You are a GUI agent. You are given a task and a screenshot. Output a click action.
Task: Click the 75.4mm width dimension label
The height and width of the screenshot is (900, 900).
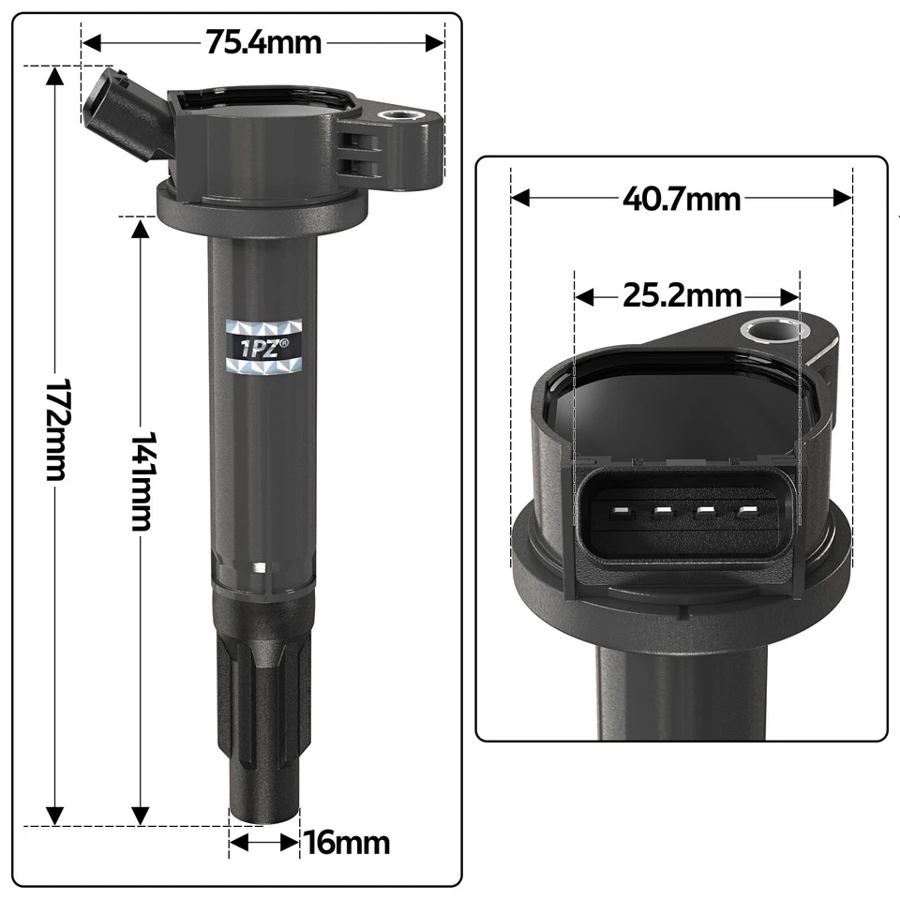(x=263, y=42)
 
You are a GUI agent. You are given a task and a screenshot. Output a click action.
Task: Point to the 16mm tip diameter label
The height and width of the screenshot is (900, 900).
(x=346, y=842)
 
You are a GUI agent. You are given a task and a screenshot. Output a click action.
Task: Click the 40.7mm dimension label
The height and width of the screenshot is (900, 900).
(x=682, y=199)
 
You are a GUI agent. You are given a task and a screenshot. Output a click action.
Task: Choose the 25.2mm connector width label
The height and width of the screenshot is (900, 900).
(x=682, y=297)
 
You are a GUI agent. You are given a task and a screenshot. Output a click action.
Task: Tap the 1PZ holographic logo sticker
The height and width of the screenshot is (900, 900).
(x=265, y=346)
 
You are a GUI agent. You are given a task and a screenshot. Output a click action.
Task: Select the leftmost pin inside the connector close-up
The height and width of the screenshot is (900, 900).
(x=619, y=512)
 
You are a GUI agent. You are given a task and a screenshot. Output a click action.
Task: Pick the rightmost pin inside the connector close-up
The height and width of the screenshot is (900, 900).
(x=747, y=512)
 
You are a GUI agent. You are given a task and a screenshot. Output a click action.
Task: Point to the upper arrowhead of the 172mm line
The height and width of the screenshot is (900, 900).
(x=56, y=75)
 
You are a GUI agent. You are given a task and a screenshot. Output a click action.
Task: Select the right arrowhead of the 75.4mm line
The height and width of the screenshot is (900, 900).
(x=435, y=42)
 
